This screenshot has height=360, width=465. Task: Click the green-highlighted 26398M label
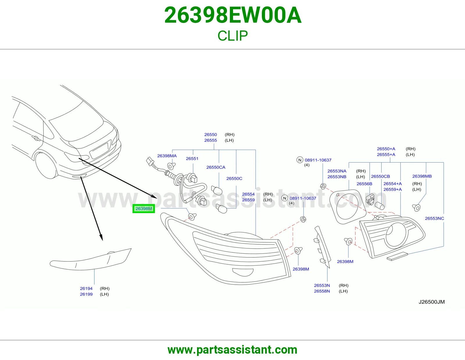(x=144, y=209)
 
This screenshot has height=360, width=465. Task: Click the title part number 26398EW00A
(x=233, y=15)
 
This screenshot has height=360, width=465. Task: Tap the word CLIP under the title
(x=233, y=36)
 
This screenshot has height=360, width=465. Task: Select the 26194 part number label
(x=86, y=289)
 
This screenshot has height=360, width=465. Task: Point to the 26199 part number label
(x=86, y=294)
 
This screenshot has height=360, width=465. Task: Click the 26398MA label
(x=167, y=156)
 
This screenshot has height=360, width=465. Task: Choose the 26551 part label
(x=192, y=159)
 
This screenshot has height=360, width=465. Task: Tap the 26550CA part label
(x=216, y=168)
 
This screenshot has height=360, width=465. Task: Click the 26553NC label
(x=434, y=219)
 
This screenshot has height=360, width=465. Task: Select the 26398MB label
(x=422, y=176)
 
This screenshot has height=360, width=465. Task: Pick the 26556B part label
(x=364, y=184)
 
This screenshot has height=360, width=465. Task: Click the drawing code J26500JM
(x=432, y=302)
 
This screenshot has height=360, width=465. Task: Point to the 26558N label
(x=322, y=291)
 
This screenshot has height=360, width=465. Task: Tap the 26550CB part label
(x=380, y=177)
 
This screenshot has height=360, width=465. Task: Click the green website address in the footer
(x=233, y=350)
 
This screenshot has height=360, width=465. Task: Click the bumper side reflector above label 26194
(x=90, y=259)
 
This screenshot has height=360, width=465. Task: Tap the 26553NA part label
(x=337, y=171)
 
